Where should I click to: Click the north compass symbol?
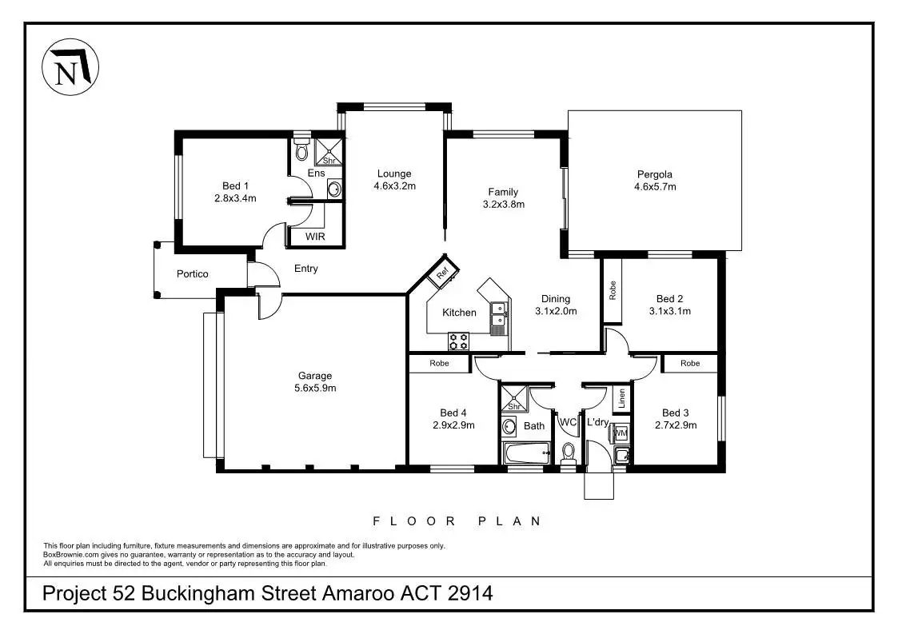click(70, 66)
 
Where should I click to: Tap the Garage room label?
click(315, 376)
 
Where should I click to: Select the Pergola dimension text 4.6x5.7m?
click(655, 187)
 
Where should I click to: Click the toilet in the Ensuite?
click(301, 150)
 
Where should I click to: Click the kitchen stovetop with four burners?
click(459, 341)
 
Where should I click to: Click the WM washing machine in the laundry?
click(621, 433)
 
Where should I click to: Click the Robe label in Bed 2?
click(613, 289)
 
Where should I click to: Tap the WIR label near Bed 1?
click(315, 237)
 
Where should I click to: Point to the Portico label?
click(192, 274)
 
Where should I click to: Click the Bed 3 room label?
click(675, 413)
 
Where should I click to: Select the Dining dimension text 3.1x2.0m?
click(556, 312)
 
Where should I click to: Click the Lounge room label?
click(394, 173)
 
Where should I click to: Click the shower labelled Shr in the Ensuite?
click(329, 152)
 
